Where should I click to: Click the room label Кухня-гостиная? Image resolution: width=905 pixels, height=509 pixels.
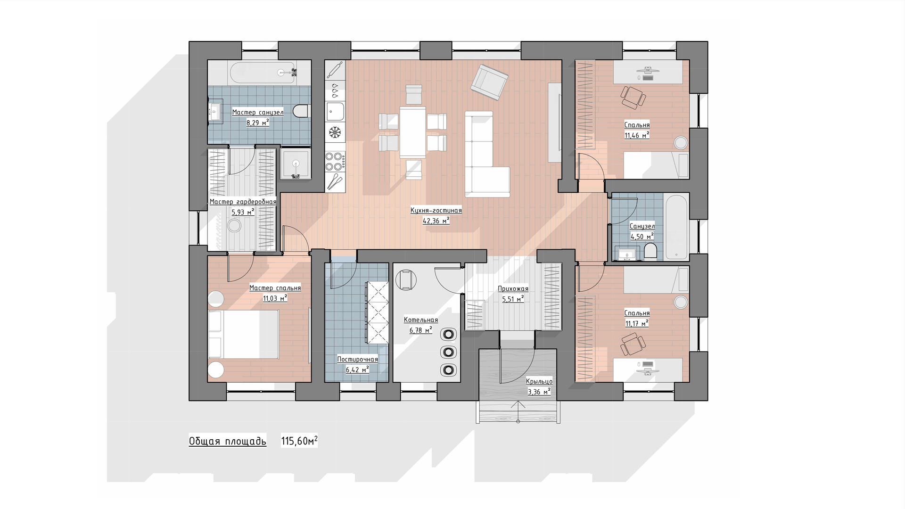[436, 210]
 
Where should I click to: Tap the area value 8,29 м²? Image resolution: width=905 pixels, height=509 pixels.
[258, 123]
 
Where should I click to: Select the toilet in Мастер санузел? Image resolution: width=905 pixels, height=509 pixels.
[300, 111]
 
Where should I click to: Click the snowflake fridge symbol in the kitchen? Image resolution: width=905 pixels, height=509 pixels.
[335, 132]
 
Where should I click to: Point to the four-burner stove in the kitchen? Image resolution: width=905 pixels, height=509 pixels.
[335, 161]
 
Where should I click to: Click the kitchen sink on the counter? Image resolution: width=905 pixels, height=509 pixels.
[335, 112]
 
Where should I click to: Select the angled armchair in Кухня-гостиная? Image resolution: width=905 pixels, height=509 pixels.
[489, 82]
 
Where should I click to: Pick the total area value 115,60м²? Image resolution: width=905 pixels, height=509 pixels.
[299, 441]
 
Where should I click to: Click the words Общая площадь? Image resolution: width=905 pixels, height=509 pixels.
[228, 441]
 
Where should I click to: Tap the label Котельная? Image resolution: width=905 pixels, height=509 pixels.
[421, 320]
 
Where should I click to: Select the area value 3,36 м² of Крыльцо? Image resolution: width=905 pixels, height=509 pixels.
[539, 392]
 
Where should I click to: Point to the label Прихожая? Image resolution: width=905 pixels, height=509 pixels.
[513, 289]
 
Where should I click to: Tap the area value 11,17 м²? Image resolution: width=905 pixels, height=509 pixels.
[637, 323]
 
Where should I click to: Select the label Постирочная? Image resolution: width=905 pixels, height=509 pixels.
[358, 360]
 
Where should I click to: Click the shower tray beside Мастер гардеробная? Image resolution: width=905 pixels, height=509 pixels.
[296, 164]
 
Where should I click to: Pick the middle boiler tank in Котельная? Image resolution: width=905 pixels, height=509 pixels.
[449, 352]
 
